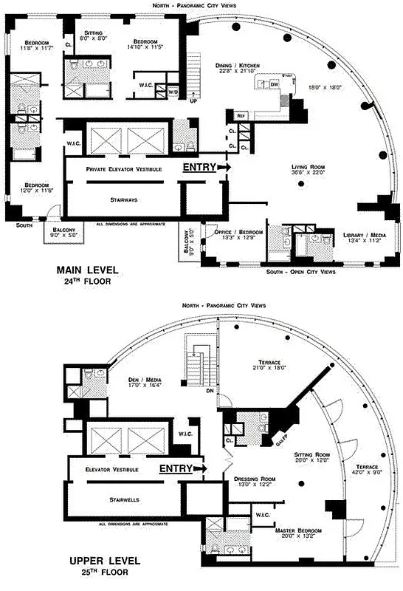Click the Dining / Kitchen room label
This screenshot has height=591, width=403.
click(x=238, y=66)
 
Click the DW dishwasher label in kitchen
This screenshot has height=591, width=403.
click(x=274, y=85)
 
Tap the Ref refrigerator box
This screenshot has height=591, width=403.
click(x=241, y=116)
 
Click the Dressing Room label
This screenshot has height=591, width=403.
click(x=254, y=478)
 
